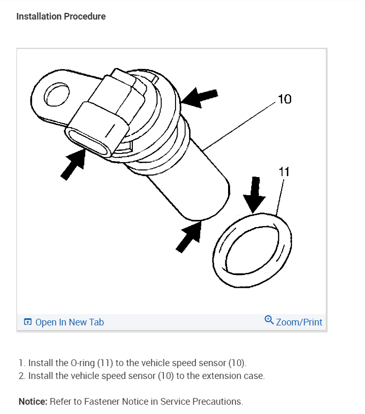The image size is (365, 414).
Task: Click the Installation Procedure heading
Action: point(61,16)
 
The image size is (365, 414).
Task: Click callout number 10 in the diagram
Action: point(284,99)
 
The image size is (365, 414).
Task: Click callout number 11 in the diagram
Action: point(284,171)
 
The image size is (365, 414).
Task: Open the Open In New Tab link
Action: point(69,322)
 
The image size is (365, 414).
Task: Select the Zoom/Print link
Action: point(299,322)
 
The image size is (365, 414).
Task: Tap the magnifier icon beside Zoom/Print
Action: point(269,321)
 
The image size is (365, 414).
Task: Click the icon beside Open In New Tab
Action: point(28,322)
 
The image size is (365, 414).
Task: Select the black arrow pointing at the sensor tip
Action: point(188,236)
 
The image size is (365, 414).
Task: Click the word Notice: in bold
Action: point(33,401)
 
